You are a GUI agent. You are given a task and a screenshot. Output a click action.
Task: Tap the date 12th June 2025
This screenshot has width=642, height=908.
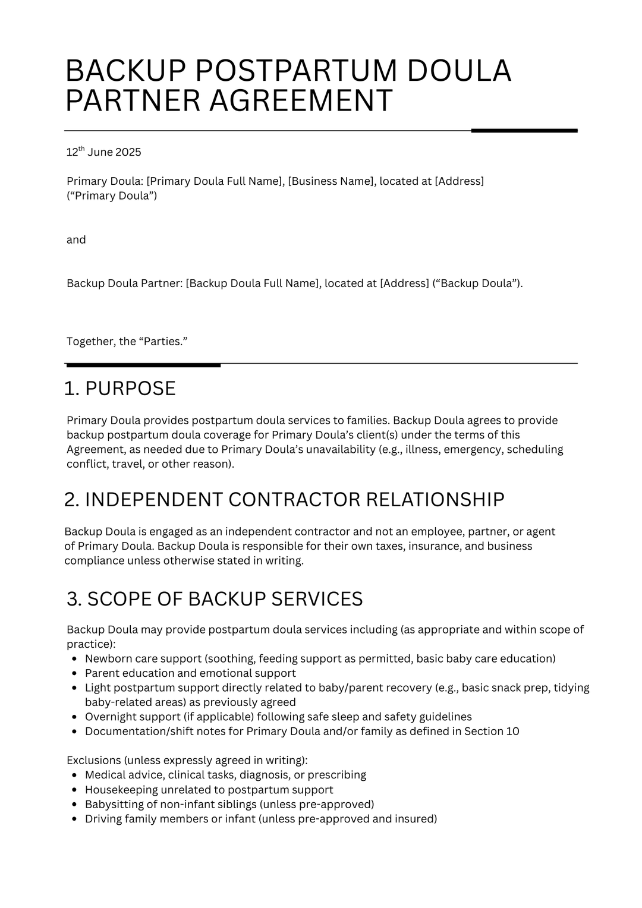pyautogui.click(x=103, y=152)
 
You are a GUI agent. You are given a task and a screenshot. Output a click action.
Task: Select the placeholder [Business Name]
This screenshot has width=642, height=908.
pyautogui.click(x=331, y=181)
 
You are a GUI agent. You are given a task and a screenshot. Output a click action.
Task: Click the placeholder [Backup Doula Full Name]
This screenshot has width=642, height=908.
pyautogui.click(x=252, y=283)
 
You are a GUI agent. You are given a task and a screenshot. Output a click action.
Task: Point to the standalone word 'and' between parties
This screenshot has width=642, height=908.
pyautogui.click(x=76, y=239)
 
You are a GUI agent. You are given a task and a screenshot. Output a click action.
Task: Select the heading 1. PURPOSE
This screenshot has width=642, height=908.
pyautogui.click(x=119, y=389)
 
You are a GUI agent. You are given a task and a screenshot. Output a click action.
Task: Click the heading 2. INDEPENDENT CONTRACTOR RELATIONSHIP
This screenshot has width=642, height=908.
pyautogui.click(x=284, y=500)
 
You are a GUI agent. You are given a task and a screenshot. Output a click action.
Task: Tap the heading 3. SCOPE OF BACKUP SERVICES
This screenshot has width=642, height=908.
pyautogui.click(x=215, y=599)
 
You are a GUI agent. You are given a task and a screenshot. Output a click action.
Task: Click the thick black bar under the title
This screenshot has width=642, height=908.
pyautogui.click(x=524, y=130)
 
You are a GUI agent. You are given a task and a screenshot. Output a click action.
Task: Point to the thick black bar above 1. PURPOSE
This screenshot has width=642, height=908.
pyautogui.click(x=143, y=365)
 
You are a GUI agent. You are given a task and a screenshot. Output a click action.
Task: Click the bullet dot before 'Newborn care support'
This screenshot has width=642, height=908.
pyautogui.click(x=74, y=659)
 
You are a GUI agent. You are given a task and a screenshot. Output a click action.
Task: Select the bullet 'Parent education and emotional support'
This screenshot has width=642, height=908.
pyautogui.click(x=190, y=673)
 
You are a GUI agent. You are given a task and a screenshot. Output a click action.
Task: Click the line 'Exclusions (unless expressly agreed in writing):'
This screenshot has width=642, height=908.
pyautogui.click(x=187, y=761)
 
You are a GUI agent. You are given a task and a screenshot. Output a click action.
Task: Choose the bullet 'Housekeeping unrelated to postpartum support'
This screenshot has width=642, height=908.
pyautogui.click(x=209, y=790)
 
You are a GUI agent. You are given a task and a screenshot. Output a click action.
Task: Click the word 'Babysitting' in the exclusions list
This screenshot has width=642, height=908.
pyautogui.click(x=113, y=805)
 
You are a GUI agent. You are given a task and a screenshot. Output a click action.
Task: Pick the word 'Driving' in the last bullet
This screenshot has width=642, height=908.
pyautogui.click(x=103, y=819)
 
